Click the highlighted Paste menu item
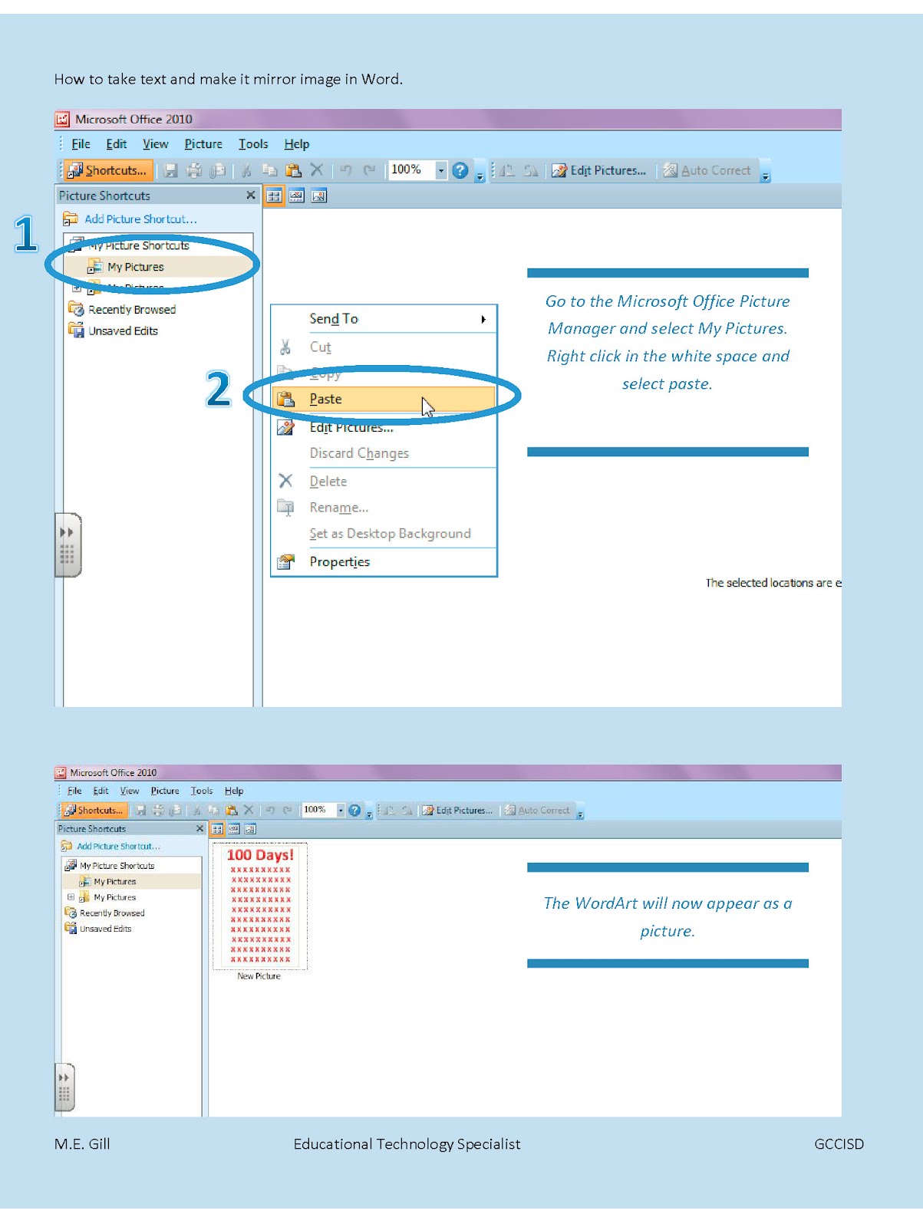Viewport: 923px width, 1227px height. click(326, 399)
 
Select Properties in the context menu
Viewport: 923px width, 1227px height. click(339, 561)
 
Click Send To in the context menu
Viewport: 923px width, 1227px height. click(334, 318)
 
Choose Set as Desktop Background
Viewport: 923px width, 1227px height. click(390, 534)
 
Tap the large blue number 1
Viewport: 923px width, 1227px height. click(26, 234)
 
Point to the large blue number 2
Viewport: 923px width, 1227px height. click(219, 389)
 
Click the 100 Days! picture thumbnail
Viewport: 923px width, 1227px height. click(260, 906)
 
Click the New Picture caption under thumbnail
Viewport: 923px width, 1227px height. click(259, 976)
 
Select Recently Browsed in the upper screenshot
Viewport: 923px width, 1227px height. click(131, 310)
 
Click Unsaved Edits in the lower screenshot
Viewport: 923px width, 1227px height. click(105, 929)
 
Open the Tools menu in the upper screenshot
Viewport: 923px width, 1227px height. click(253, 144)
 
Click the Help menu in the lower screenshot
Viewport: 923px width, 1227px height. click(234, 791)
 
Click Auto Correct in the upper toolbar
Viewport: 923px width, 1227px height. click(715, 170)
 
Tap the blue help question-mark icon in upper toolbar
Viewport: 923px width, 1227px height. click(460, 170)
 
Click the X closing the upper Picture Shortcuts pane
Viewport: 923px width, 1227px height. click(250, 196)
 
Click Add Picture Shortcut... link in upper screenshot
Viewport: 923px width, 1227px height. click(140, 219)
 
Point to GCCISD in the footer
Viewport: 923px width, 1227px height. click(839, 1143)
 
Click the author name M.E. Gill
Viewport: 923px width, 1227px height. click(82, 1143)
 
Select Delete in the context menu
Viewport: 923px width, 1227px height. click(328, 482)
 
